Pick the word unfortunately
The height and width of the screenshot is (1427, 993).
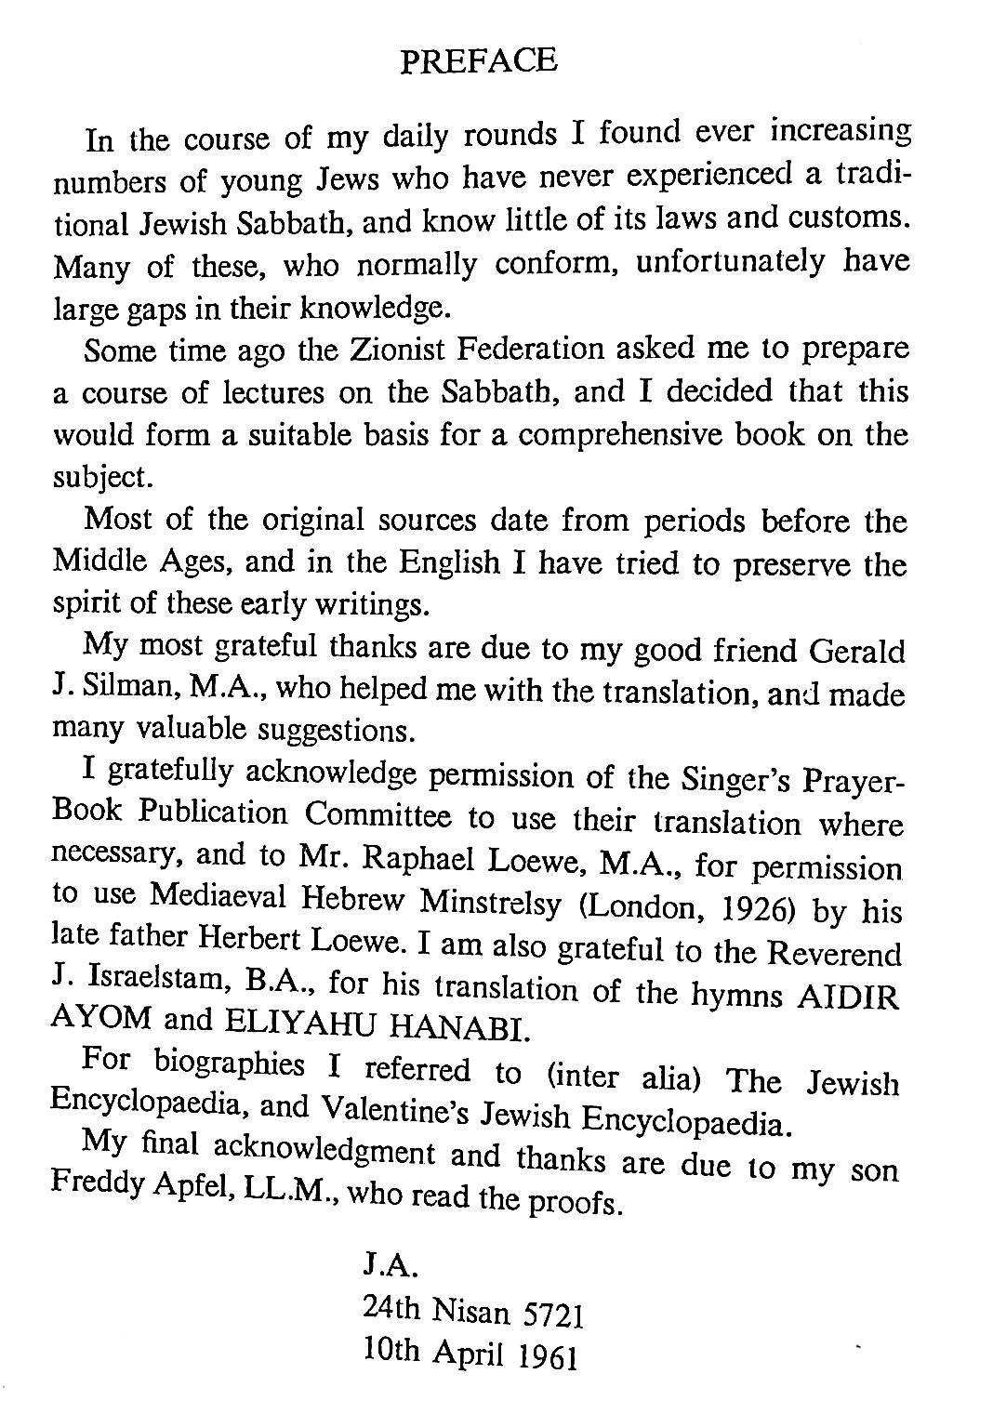(x=730, y=263)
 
